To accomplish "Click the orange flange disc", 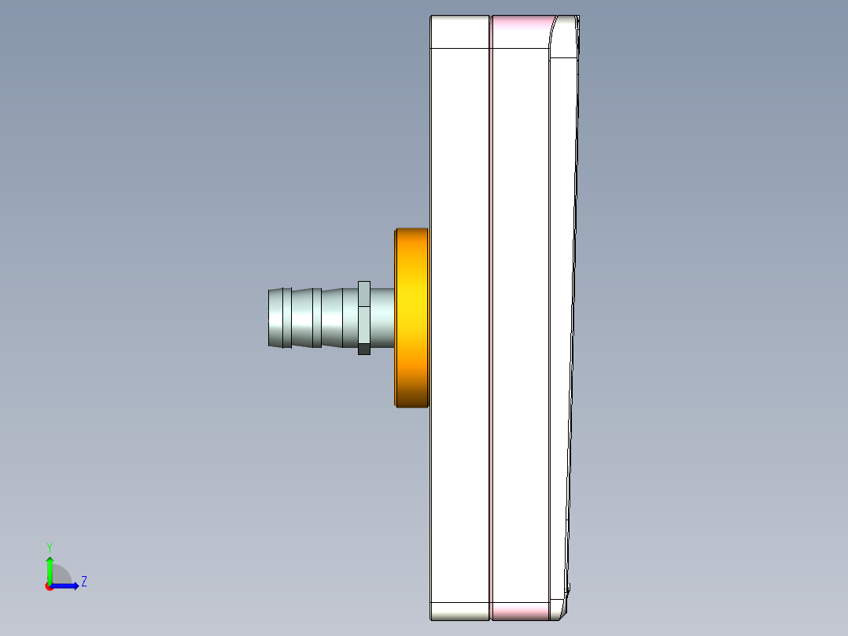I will click(411, 318).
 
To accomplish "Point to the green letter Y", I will click(50, 546).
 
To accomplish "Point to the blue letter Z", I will click(83, 582).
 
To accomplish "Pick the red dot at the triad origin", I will click(50, 586).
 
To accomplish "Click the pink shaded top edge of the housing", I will click(520, 31).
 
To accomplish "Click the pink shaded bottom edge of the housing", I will click(520, 611).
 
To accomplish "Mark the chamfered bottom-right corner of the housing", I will click(559, 610).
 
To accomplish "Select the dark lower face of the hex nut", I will click(363, 349).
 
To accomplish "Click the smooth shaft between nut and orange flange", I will click(382, 317).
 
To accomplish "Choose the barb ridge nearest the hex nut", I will click(331, 318).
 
